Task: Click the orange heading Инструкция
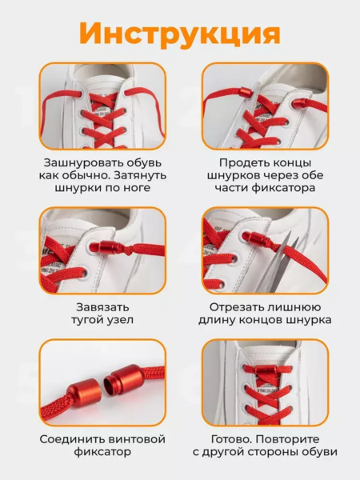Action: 180,34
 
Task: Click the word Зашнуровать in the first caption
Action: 76,162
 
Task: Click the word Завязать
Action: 102,307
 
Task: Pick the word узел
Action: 121,320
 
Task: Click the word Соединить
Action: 68,439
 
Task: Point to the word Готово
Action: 232,439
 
